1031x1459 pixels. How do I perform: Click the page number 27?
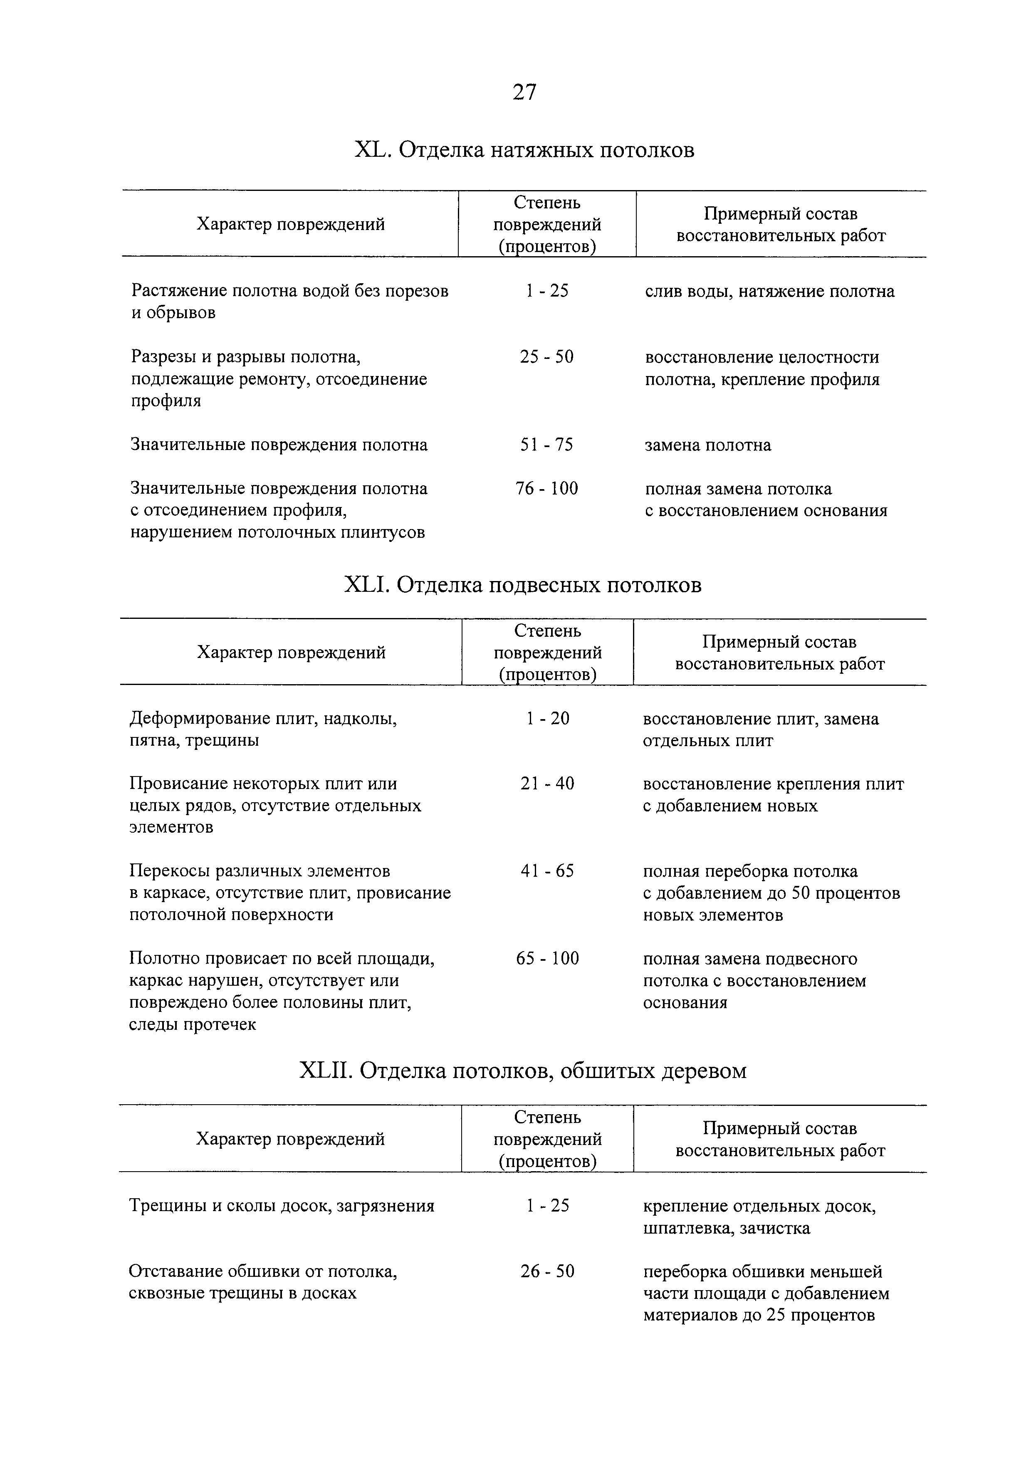coord(524,93)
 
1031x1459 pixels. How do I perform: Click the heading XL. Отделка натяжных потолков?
coord(524,150)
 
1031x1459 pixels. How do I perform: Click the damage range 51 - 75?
coord(546,445)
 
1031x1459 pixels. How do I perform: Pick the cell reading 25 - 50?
coord(546,357)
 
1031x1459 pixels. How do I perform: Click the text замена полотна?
coord(708,445)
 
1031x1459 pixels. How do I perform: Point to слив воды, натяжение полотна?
coord(769,292)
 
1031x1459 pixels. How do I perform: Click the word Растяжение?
coord(178,291)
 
